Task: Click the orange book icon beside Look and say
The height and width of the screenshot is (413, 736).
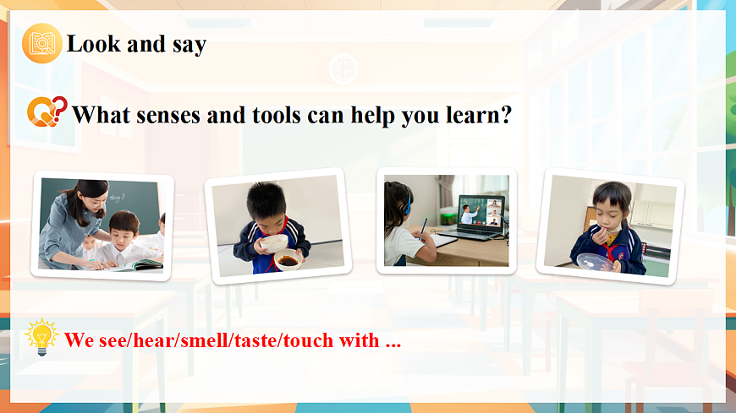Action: tap(41, 44)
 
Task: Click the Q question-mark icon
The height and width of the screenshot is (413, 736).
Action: tap(46, 112)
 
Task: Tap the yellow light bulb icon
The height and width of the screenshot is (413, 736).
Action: tap(41, 337)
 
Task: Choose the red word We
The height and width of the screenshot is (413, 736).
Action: tap(79, 341)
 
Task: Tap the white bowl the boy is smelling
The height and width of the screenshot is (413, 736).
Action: tap(273, 242)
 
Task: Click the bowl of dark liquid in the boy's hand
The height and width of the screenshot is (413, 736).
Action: tap(288, 259)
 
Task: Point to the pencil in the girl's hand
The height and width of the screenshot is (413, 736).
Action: tap(424, 227)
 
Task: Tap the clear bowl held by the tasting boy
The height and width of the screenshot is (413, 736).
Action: tap(596, 262)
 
